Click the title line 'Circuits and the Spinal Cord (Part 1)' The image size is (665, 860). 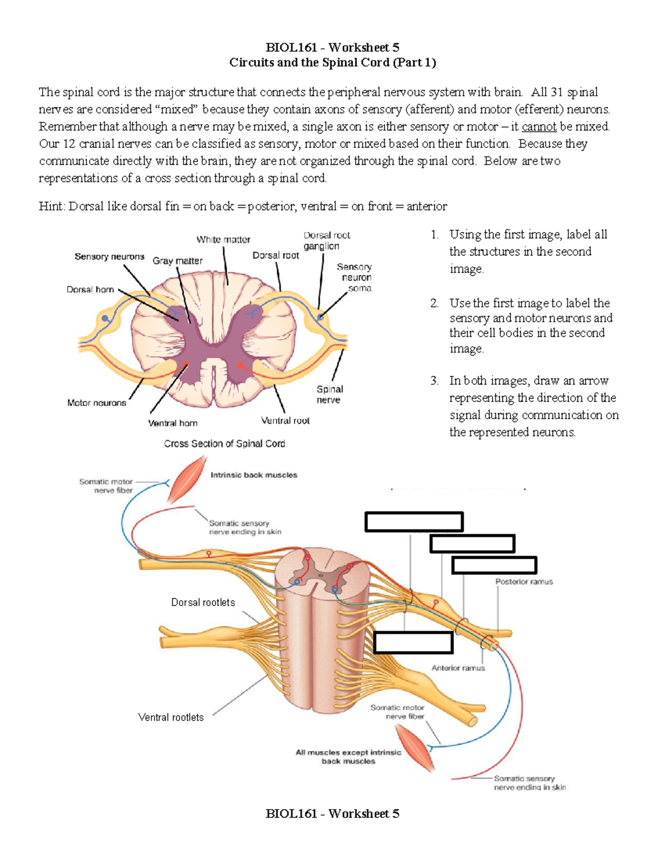click(x=332, y=63)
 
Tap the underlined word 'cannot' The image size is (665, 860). click(x=539, y=127)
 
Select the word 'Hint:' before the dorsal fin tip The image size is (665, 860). click(x=52, y=207)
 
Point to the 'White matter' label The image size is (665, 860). click(x=223, y=240)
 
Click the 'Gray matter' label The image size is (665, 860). click(x=177, y=261)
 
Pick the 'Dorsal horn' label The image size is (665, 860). click(x=90, y=290)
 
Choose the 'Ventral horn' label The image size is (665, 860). click(x=172, y=423)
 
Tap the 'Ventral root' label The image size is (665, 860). click(x=285, y=421)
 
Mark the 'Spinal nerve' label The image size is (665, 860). click(x=329, y=394)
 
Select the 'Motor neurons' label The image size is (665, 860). click(x=96, y=403)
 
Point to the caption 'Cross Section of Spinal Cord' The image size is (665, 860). click(x=224, y=444)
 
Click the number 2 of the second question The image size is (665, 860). click(x=434, y=303)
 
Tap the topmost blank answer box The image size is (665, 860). click(x=413, y=522)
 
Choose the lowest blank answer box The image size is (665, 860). click(x=413, y=642)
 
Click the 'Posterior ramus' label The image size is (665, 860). click(x=524, y=582)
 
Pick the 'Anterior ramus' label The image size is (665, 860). click(x=458, y=668)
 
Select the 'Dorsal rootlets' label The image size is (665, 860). click(x=203, y=602)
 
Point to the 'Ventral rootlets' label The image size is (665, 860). click(x=171, y=717)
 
